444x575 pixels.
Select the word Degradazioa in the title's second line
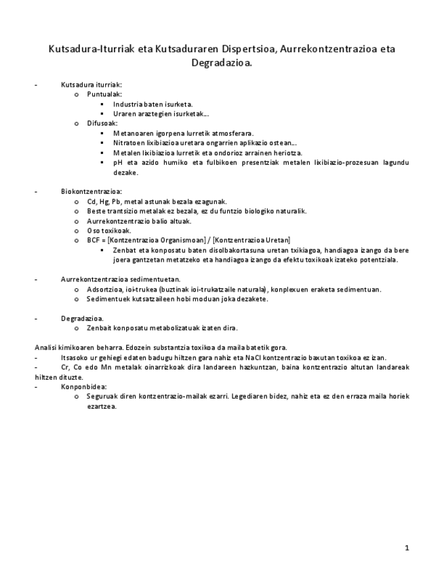coord(222,63)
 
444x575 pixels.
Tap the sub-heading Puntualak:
coord(104,94)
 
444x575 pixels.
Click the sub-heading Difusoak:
coord(102,123)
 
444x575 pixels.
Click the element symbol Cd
coord(92,201)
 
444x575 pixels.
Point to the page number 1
coord(407,547)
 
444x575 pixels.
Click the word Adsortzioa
coord(105,289)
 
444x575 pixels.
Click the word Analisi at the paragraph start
coord(45,347)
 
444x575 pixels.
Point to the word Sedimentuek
coord(108,298)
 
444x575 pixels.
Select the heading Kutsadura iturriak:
coord(92,85)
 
